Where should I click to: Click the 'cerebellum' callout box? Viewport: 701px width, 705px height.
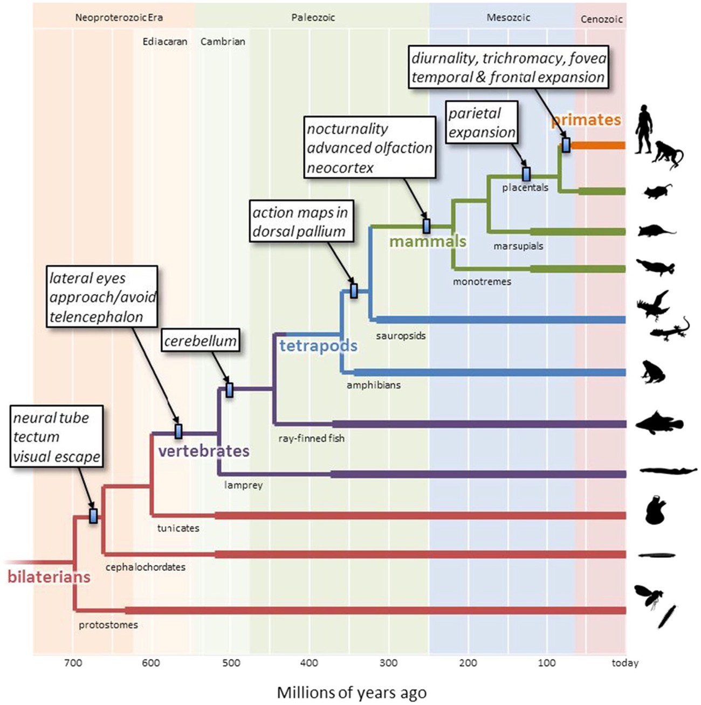coord(200,341)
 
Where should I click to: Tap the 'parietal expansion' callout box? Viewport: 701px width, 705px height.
coord(482,122)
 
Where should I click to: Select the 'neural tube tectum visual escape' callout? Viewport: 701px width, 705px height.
coord(57,437)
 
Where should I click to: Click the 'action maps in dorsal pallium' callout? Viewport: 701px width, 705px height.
coord(300,222)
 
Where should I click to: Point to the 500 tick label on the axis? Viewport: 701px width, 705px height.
coord(231,663)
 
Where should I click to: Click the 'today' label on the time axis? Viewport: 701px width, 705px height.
coord(625,663)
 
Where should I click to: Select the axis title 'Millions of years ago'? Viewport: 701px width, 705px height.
coord(352,693)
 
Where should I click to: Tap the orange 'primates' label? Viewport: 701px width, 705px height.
coord(586,120)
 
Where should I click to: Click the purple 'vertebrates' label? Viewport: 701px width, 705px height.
coord(204,451)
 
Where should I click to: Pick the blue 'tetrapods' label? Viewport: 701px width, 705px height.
coord(318,345)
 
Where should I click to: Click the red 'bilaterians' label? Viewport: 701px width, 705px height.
coord(49,577)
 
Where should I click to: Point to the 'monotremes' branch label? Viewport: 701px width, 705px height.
coord(482,281)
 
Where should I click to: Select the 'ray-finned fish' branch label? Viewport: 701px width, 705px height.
coord(311,438)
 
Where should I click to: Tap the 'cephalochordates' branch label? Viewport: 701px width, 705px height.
coord(146,567)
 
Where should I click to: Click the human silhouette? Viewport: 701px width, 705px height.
coord(643,130)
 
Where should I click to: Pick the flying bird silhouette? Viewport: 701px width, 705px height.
coord(654,305)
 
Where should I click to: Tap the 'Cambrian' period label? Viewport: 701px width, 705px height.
coord(223,42)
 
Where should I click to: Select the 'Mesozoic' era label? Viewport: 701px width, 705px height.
coord(508,18)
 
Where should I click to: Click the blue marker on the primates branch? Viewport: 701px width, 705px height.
coord(566,145)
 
